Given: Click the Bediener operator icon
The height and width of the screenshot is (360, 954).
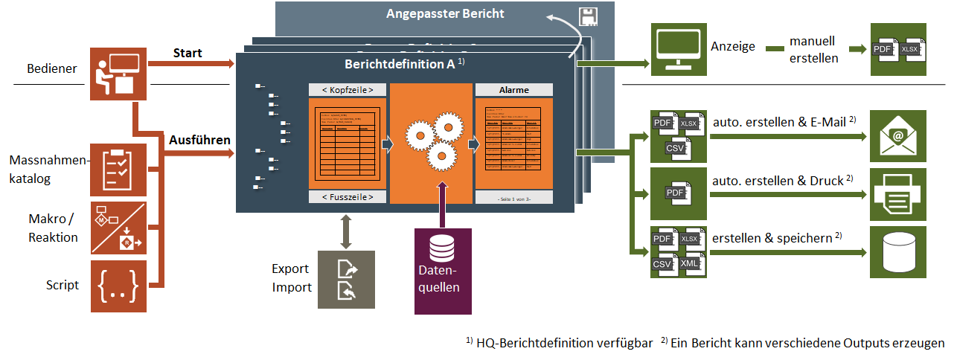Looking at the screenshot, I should (118, 74).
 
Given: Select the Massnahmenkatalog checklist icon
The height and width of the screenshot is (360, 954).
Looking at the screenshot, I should (118, 170).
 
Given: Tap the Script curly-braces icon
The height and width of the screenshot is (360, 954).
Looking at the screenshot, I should (118, 286).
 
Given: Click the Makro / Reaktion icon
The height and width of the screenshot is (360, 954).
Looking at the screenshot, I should (118, 228).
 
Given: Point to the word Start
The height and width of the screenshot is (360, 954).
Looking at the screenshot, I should (188, 53).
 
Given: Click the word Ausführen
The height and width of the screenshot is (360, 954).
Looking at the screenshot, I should (199, 139).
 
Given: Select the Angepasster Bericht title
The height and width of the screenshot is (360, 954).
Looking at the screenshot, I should (445, 13).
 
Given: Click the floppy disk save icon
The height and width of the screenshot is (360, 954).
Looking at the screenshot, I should (586, 16).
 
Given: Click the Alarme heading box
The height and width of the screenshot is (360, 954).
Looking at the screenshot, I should (513, 90).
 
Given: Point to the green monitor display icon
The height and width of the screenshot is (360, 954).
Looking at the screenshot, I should (678, 48).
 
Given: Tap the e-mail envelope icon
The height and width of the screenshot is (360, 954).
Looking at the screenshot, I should (898, 136).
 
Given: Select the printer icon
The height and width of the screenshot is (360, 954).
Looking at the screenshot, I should (898, 194).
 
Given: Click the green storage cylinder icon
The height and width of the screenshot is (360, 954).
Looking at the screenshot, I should (898, 252).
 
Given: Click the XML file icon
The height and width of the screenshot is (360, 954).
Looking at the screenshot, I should (689, 263).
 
